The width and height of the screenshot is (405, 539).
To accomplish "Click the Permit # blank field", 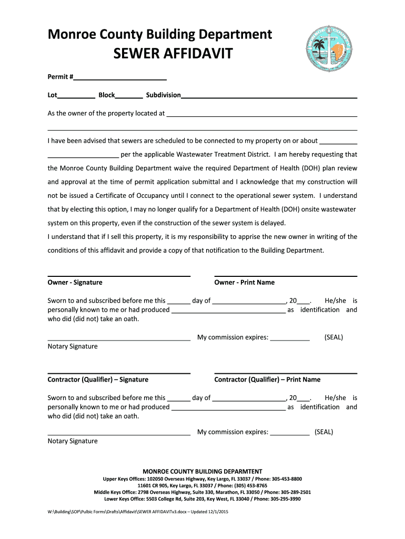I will click(x=120, y=78).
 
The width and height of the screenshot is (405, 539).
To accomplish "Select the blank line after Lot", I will click(x=76, y=96).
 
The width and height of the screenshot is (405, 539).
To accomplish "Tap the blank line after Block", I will click(x=129, y=96).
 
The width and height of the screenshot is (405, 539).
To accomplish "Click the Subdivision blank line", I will click(x=269, y=96).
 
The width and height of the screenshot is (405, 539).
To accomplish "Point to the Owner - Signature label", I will click(x=75, y=283).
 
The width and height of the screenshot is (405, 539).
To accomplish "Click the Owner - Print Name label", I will click(x=244, y=283).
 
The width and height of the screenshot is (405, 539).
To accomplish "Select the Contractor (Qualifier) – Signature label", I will click(x=98, y=380).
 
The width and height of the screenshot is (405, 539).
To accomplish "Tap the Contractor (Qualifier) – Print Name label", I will click(x=267, y=380).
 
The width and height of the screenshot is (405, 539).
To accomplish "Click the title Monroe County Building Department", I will click(x=160, y=35).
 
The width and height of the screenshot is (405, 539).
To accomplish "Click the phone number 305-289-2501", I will click(x=293, y=492).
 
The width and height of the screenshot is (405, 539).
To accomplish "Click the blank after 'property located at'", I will click(x=261, y=114).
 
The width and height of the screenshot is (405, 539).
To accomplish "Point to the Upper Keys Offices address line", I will click(x=202, y=479).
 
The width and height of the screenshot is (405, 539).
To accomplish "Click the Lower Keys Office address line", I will click(x=202, y=499).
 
